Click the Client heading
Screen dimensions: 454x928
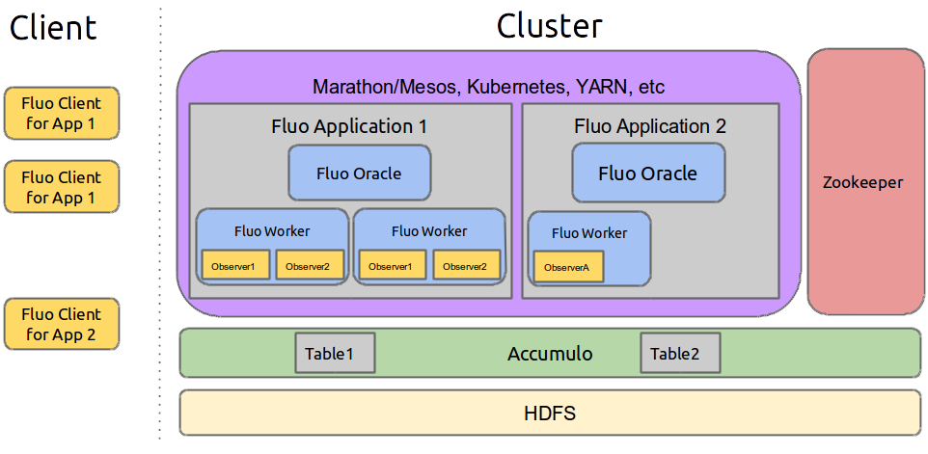pyautogui.click(x=53, y=27)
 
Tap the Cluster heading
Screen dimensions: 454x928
pyautogui.click(x=549, y=26)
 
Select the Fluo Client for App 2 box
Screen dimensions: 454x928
pyautogui.click(x=62, y=325)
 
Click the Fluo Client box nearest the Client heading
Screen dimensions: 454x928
pyautogui.click(x=62, y=113)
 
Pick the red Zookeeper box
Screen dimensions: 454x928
pyautogui.click(x=862, y=182)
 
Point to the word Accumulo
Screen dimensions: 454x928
pyautogui.click(x=550, y=354)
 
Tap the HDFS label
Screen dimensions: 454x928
pyautogui.click(x=550, y=414)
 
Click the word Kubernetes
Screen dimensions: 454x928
pyautogui.click(x=520, y=88)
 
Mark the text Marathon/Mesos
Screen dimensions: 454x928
pyautogui.click(x=386, y=88)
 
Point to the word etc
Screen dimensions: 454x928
pyautogui.click(x=651, y=88)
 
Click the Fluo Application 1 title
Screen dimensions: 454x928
pyautogui.click(x=349, y=126)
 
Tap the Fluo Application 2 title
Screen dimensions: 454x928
pyautogui.click(x=649, y=126)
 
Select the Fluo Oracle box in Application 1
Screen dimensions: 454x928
pyautogui.click(x=359, y=174)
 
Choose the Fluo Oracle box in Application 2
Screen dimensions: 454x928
pyautogui.click(x=648, y=174)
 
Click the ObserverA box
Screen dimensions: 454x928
pyautogui.click(x=568, y=267)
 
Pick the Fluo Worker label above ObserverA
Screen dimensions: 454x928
pyautogui.click(x=589, y=233)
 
